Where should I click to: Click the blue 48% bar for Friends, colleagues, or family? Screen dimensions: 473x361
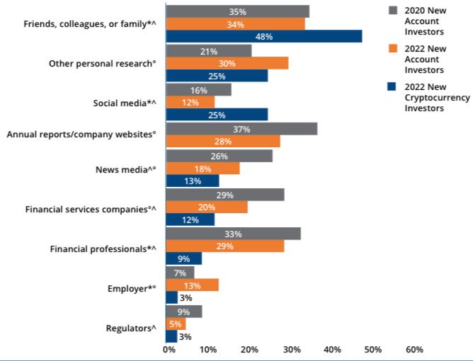click(264, 37)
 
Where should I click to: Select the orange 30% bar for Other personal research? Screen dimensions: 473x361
click(227, 63)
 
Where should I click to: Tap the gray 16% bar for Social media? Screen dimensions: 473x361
click(198, 90)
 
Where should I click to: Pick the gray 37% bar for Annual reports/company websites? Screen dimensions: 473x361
click(241, 129)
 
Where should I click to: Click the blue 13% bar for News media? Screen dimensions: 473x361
click(193, 180)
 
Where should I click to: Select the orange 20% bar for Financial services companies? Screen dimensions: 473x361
click(207, 207)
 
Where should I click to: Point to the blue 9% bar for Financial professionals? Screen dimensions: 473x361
click(183, 258)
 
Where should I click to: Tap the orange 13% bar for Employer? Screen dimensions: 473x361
click(192, 285)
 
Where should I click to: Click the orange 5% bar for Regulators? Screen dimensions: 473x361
click(176, 324)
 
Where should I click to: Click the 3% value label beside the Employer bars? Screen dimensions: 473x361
click(186, 298)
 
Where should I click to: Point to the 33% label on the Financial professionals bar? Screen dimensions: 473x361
click(233, 234)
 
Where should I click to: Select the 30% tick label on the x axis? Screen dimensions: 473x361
click(292, 350)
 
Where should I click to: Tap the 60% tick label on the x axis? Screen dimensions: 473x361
click(414, 350)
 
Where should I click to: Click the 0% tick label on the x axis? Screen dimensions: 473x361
click(169, 350)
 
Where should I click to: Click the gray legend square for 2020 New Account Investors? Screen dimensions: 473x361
click(393, 10)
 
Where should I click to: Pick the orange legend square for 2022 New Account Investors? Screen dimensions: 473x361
click(393, 48)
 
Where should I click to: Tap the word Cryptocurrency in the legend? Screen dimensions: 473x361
click(437, 98)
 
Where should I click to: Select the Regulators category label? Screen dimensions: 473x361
click(131, 328)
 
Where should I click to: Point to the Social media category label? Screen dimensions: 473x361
click(125, 103)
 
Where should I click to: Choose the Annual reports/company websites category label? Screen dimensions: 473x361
click(81, 134)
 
